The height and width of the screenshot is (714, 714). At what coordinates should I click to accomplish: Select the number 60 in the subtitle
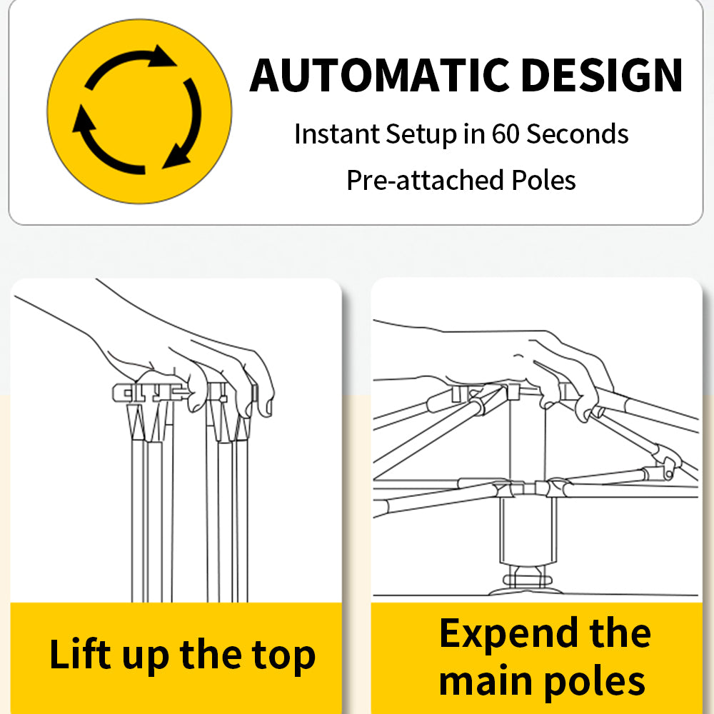coord(506,134)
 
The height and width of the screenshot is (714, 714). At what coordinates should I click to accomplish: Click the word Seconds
coord(578,134)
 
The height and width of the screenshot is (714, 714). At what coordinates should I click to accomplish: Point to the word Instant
coord(336,134)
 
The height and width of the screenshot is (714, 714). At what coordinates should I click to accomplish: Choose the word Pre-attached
coord(425,181)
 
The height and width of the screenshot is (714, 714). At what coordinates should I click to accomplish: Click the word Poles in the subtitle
coord(543,180)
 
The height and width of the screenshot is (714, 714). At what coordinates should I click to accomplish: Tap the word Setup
coord(421,135)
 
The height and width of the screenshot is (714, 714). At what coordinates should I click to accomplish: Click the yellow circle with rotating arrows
coord(139,111)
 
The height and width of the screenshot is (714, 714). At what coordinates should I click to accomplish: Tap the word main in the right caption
coord(486,681)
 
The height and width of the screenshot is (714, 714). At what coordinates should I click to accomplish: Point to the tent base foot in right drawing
coord(527,586)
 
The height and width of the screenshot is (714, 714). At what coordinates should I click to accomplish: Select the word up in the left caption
coord(145,658)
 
